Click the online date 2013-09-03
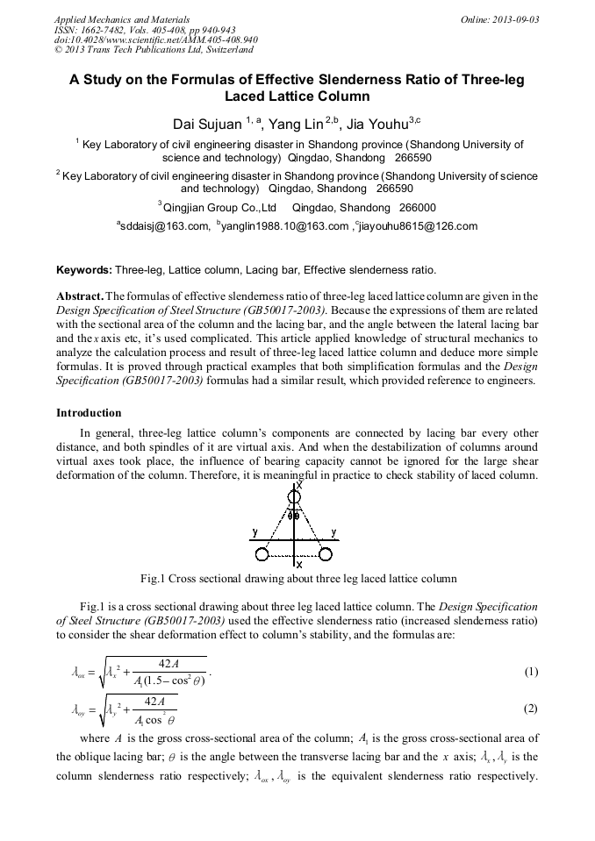click(x=517, y=19)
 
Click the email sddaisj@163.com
click(x=163, y=226)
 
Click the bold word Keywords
click(x=83, y=269)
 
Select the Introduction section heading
click(x=89, y=412)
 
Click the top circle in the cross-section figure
click(x=295, y=497)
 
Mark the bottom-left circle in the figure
click(x=262, y=553)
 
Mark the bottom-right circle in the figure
click(x=326, y=553)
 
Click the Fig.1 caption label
click(x=156, y=579)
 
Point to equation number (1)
click(x=531, y=673)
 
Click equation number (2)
click(x=531, y=708)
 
